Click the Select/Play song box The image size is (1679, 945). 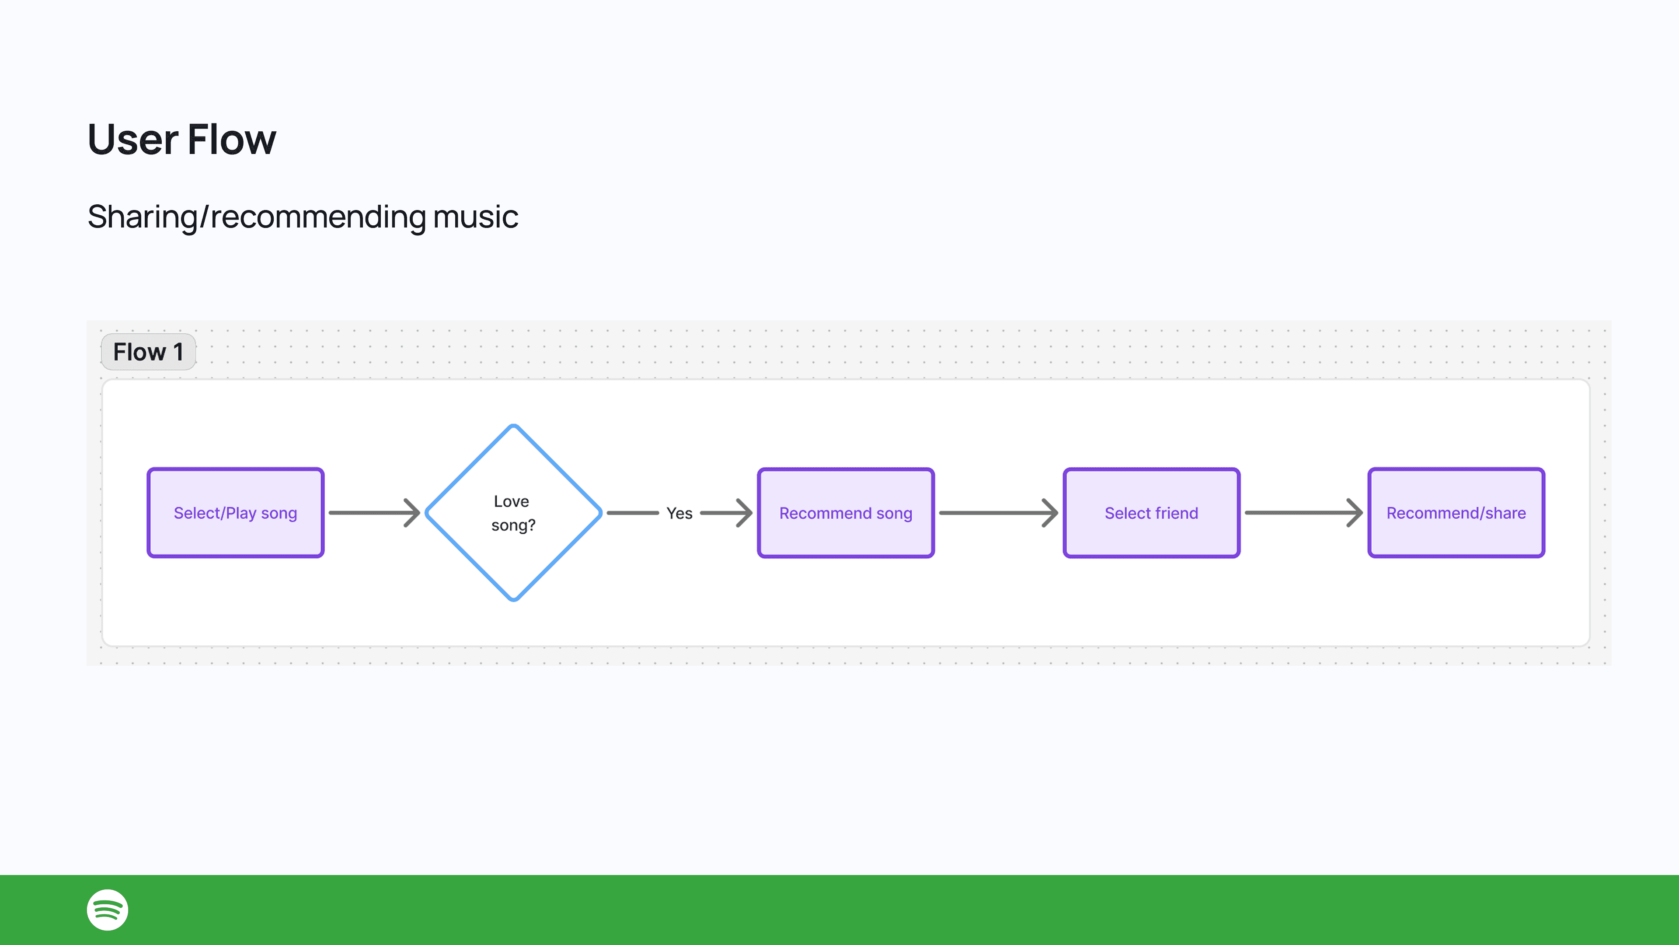point(235,513)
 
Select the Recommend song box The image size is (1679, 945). point(845,513)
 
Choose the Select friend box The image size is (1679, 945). point(1151,513)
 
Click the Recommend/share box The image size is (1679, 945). point(1456,513)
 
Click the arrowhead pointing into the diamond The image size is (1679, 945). point(413,513)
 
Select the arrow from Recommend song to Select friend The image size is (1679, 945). point(997,513)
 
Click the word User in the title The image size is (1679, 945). point(132,140)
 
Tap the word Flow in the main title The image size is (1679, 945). point(231,140)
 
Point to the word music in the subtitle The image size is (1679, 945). point(475,217)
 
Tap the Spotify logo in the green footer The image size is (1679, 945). point(108,910)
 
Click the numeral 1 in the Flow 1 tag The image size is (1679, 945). point(178,352)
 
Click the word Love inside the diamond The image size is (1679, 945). point(511,501)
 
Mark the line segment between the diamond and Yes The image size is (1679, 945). point(632,513)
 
